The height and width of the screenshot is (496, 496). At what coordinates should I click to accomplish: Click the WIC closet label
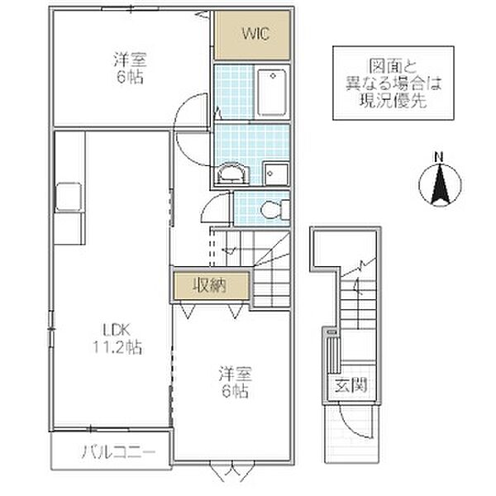coord(253,34)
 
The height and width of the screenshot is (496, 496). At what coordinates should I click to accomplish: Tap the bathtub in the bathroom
coord(272,93)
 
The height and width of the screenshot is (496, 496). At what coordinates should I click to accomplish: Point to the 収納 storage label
coord(210,286)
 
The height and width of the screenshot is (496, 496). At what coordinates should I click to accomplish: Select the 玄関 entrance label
coord(351,385)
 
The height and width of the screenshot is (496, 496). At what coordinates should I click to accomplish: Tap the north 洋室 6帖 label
coord(129,67)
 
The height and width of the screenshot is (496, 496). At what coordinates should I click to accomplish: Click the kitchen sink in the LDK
coord(67,198)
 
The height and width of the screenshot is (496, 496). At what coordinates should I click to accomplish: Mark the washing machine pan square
coord(274,173)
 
